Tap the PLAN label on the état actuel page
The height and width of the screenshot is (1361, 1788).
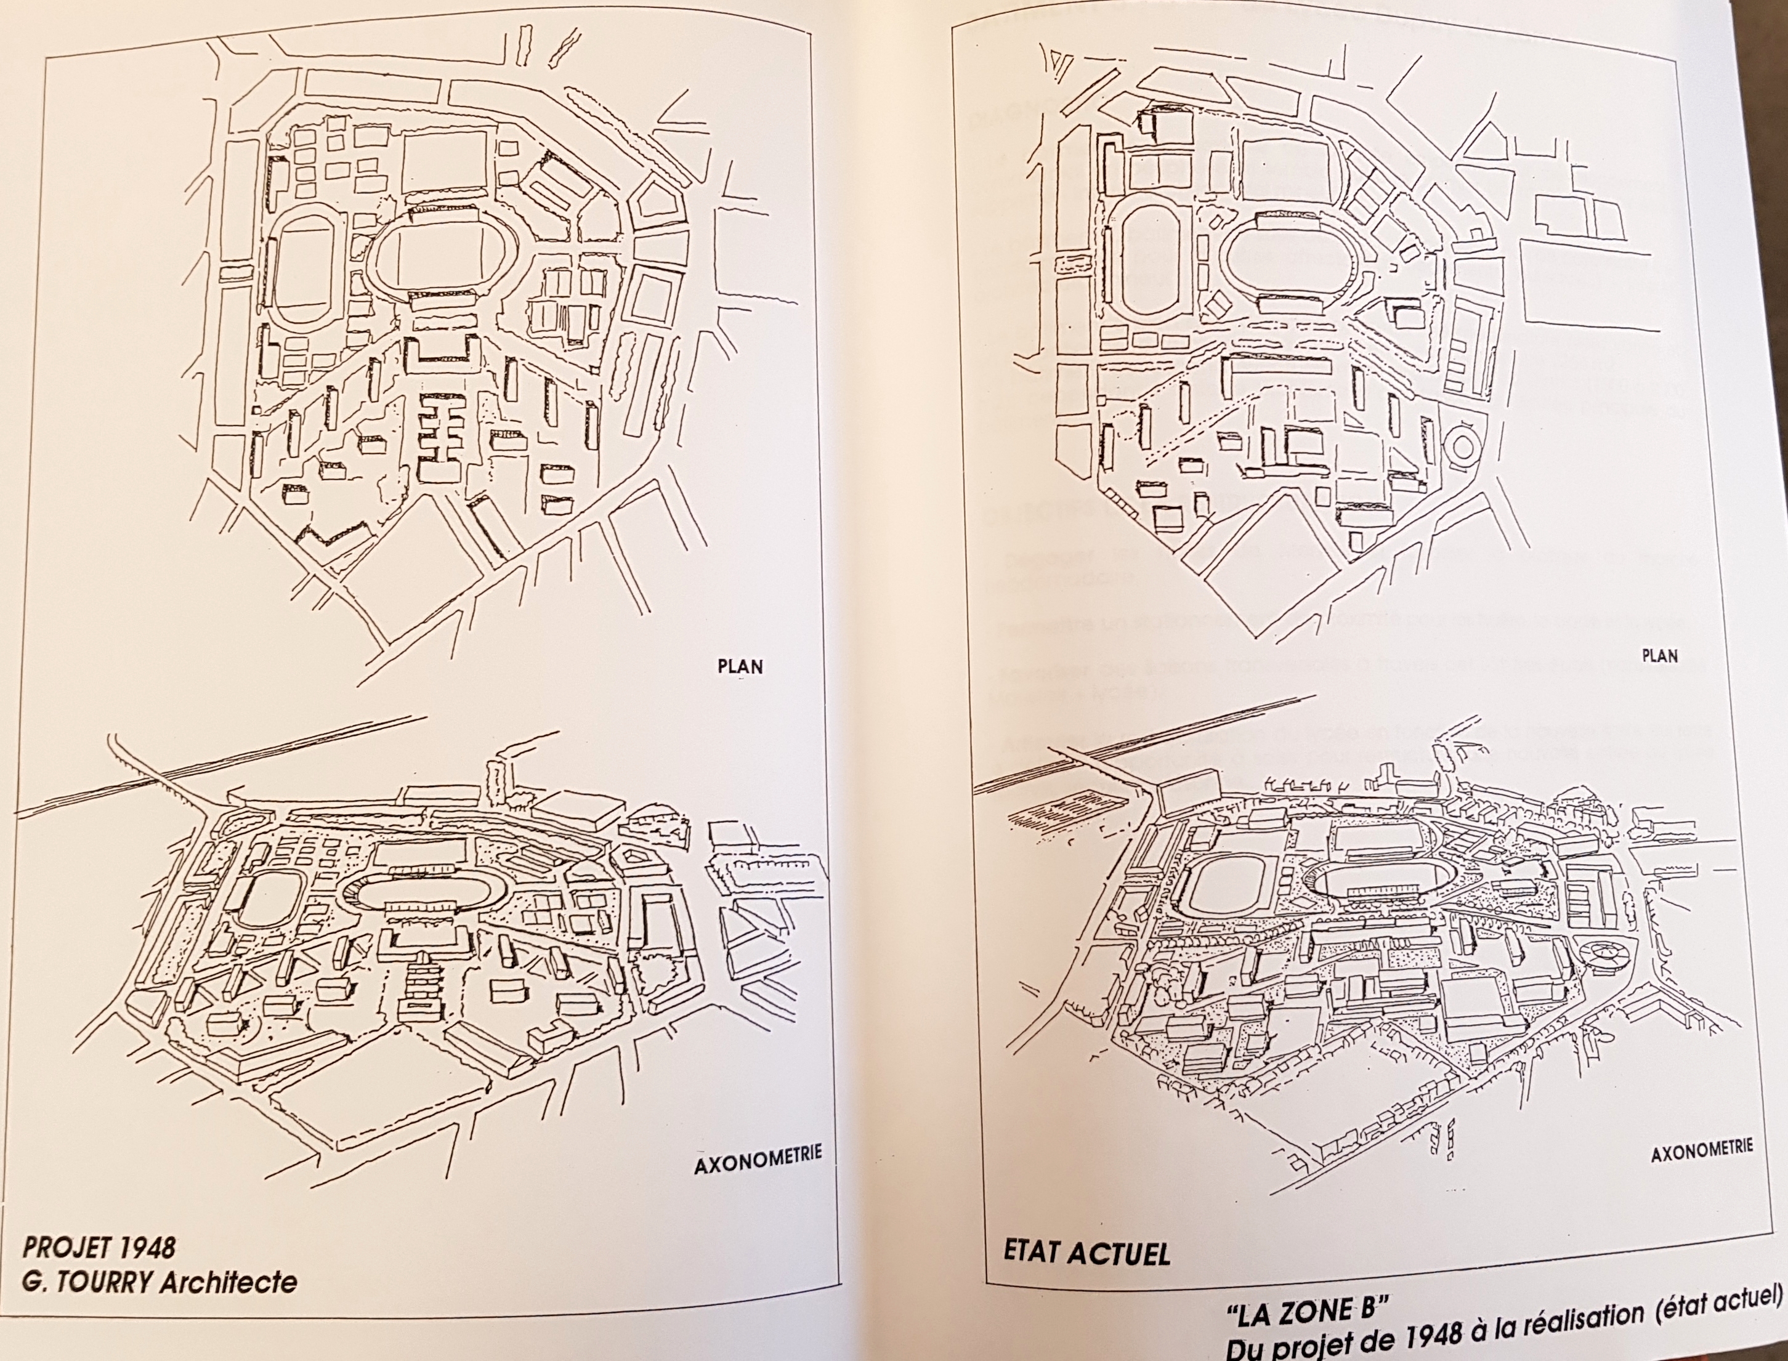(1659, 655)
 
